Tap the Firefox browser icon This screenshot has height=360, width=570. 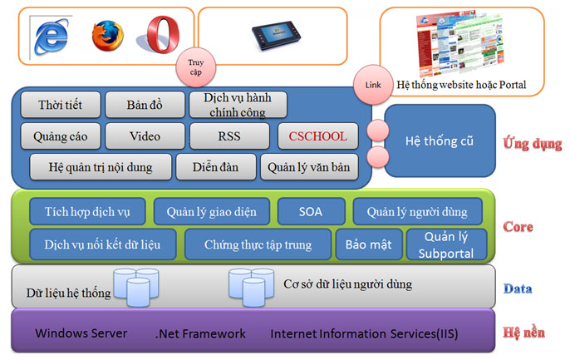pyautogui.click(x=109, y=34)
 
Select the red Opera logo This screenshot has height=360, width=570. pyautogui.click(x=163, y=36)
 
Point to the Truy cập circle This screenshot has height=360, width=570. pyautogui.click(x=194, y=64)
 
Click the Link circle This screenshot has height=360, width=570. pyautogui.click(x=371, y=85)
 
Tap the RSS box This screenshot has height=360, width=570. pyautogui.click(x=230, y=135)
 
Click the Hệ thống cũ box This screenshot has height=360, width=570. pyautogui.click(x=439, y=141)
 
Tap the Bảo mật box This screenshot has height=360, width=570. pyautogui.click(x=368, y=244)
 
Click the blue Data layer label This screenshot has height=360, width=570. pyautogui.click(x=518, y=289)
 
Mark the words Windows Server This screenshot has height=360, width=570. pyautogui.click(x=81, y=333)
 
